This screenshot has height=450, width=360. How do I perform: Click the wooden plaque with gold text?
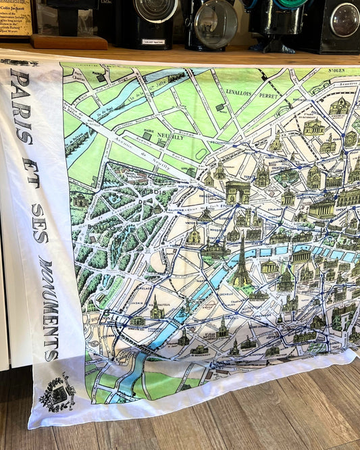(16, 16)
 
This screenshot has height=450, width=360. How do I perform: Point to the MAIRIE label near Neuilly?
(149, 122)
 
